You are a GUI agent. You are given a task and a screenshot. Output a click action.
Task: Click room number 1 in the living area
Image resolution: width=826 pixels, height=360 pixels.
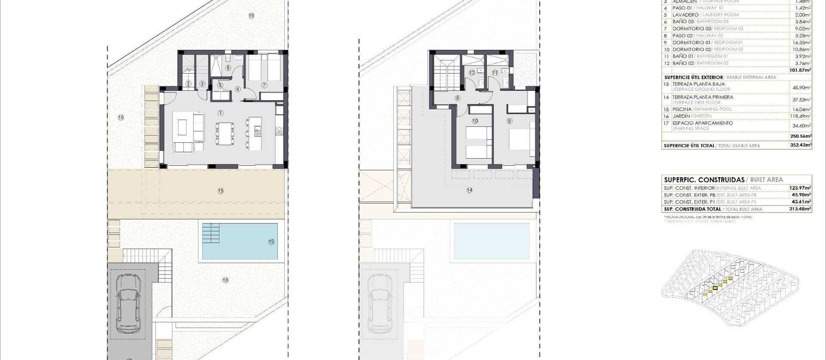220,113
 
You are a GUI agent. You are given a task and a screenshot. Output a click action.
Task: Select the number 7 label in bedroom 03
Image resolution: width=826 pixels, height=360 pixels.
264,85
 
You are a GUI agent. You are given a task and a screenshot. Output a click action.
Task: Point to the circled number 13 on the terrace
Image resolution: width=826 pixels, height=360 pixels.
220,191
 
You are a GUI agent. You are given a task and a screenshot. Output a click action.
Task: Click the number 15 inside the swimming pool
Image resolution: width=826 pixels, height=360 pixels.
271,242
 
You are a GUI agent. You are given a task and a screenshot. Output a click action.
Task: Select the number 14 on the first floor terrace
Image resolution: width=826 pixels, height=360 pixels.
469,190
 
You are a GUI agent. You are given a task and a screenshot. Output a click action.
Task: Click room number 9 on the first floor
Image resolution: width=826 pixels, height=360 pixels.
509,121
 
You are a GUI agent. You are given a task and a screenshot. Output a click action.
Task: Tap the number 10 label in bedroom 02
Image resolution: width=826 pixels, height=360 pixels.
475,121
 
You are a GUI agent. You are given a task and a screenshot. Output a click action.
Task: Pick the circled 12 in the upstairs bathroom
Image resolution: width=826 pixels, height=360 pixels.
472,73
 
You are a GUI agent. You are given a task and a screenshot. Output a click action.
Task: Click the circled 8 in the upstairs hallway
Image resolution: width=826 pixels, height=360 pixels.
457,98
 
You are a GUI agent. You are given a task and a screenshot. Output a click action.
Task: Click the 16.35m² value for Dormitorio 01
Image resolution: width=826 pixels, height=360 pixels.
801,43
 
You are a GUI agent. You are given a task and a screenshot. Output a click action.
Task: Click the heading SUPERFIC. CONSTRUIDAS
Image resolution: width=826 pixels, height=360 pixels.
704,180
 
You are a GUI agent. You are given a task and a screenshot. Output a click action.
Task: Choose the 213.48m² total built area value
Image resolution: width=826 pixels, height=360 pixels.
801,209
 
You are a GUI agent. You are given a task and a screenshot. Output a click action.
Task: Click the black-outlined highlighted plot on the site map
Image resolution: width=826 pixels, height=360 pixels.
715,288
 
